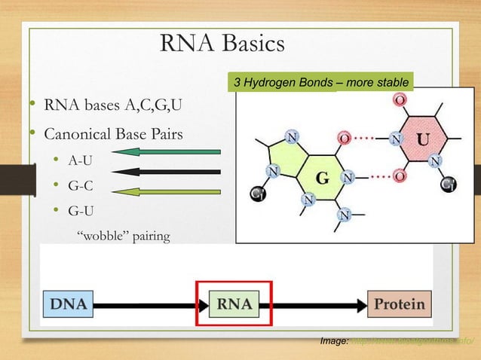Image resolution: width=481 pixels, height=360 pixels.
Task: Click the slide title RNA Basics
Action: (x=222, y=44)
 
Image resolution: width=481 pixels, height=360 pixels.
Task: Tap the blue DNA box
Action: (x=67, y=305)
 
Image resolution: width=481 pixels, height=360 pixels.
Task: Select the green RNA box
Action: (x=236, y=305)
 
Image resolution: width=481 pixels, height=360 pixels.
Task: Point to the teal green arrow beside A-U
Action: (x=169, y=151)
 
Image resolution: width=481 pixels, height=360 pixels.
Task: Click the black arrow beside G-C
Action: (x=169, y=172)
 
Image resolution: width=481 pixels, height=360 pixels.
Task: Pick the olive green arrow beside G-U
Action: (x=169, y=192)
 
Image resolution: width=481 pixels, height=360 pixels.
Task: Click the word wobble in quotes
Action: (x=103, y=237)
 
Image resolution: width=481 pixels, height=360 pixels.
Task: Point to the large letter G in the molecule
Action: (x=322, y=180)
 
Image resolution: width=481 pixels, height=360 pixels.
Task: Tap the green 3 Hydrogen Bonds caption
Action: (x=322, y=82)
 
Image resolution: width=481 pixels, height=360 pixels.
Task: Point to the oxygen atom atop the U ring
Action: (x=400, y=100)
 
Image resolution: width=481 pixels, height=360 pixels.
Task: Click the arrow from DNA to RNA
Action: (x=146, y=306)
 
